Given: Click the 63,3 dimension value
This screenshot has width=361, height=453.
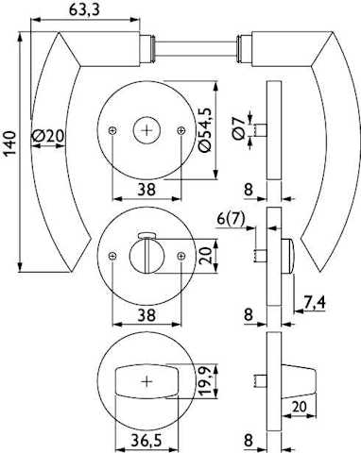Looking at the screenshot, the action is tap(84, 9).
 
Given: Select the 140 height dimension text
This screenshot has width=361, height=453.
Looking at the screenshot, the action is tap(9, 143).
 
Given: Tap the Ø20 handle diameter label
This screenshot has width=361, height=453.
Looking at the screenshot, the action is tap(48, 136).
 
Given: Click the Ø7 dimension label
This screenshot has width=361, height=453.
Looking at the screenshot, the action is tap(239, 127).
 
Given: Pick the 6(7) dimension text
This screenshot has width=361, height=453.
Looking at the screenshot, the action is tap(231, 219).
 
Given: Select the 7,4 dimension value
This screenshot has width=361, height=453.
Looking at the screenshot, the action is tap(314, 303).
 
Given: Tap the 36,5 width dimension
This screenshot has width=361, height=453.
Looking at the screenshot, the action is tap(146, 441).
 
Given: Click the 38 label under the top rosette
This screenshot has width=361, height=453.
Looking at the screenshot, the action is tap(146, 190).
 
